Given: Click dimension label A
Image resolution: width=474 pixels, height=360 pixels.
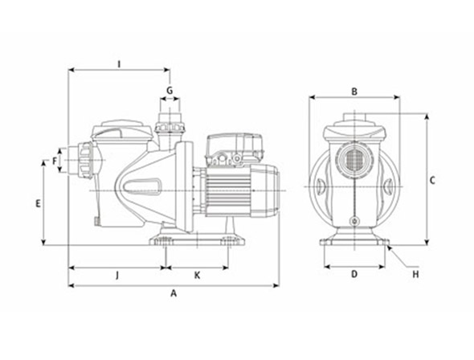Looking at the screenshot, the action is tap(174, 293).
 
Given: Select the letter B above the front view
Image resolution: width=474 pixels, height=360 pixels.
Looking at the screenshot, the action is tap(354, 92).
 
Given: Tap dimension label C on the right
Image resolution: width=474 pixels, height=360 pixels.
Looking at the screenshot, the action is tap(432, 181).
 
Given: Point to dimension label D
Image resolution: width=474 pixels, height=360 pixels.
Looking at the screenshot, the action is tap(354, 274).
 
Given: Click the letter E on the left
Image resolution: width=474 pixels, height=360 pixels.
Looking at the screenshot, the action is tap(38, 204).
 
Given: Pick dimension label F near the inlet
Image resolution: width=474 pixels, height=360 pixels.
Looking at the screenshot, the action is tap(55, 161).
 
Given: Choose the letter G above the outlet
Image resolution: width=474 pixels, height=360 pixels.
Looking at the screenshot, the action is tap(170, 90).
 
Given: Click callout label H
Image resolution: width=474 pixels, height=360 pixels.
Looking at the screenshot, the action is tap(416, 275).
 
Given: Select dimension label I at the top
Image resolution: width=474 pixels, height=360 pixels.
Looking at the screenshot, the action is tap(119, 64).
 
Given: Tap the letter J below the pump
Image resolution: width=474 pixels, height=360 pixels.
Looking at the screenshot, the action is tap(117, 276).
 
